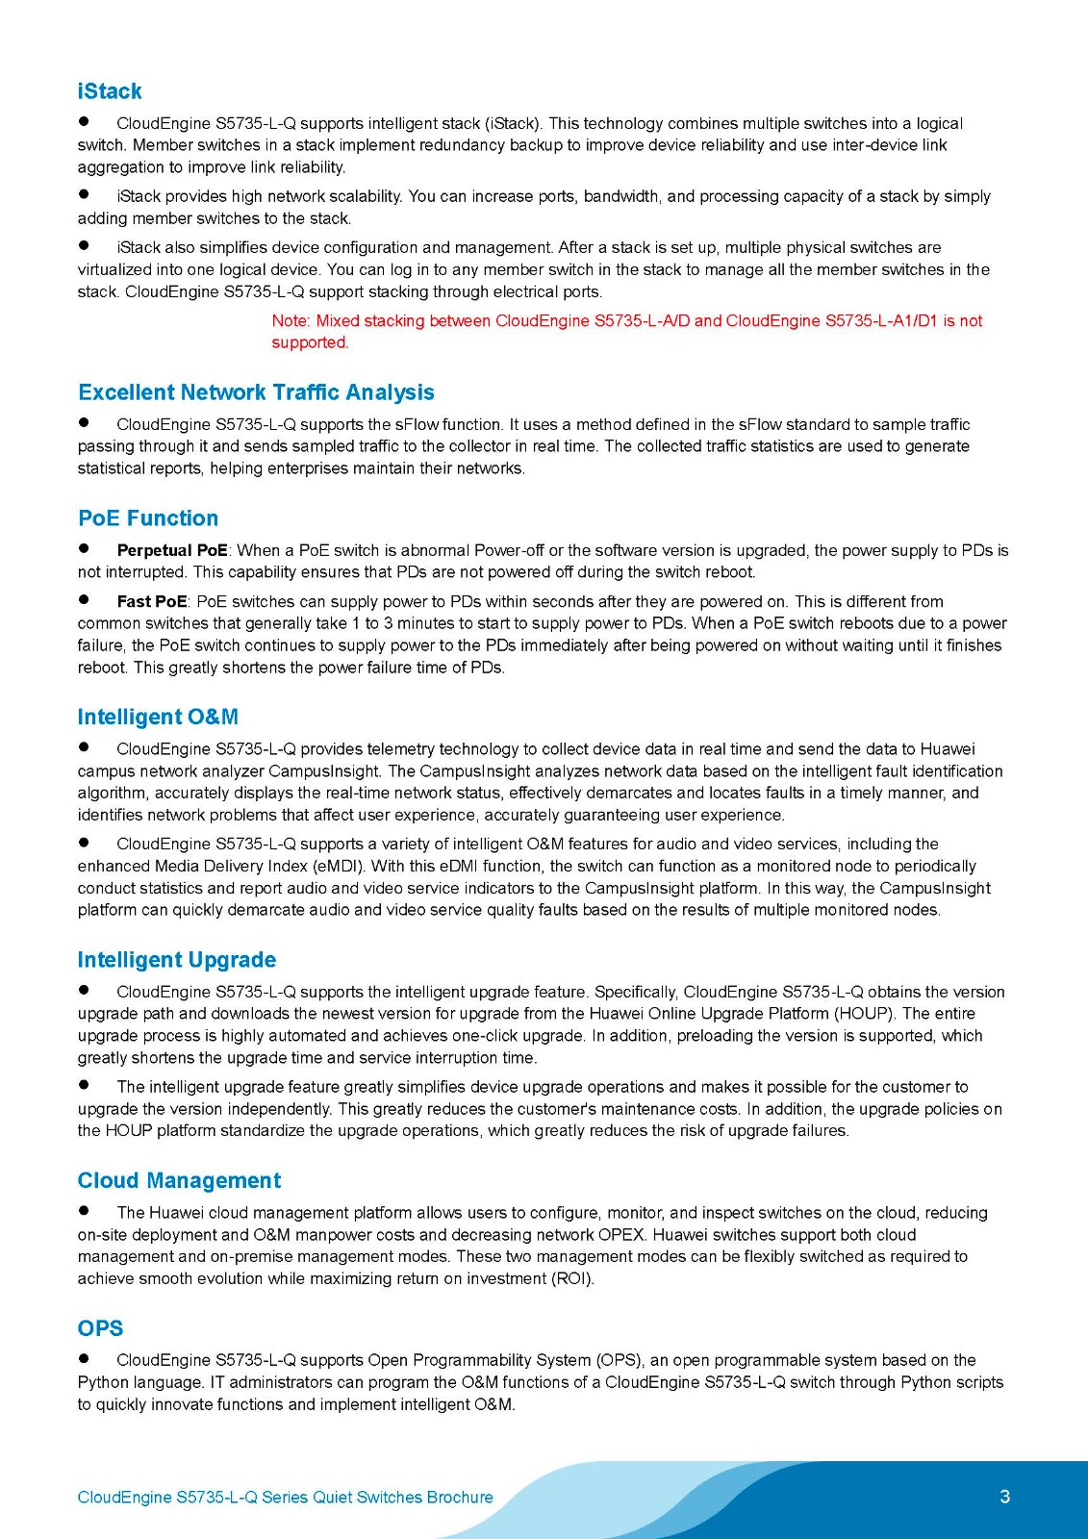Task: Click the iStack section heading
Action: click(110, 91)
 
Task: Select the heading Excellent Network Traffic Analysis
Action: click(256, 392)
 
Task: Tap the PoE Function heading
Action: click(148, 518)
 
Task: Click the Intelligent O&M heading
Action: click(158, 717)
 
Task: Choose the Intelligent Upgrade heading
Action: click(177, 960)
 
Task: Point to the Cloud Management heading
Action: click(179, 1180)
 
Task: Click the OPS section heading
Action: click(100, 1328)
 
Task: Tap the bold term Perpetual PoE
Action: click(172, 550)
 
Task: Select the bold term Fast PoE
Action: click(152, 601)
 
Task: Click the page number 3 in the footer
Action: click(1005, 1497)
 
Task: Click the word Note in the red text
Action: click(290, 320)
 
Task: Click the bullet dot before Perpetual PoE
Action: click(84, 548)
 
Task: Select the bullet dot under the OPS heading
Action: click(84, 1358)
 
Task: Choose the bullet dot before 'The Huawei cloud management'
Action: click(84, 1211)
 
